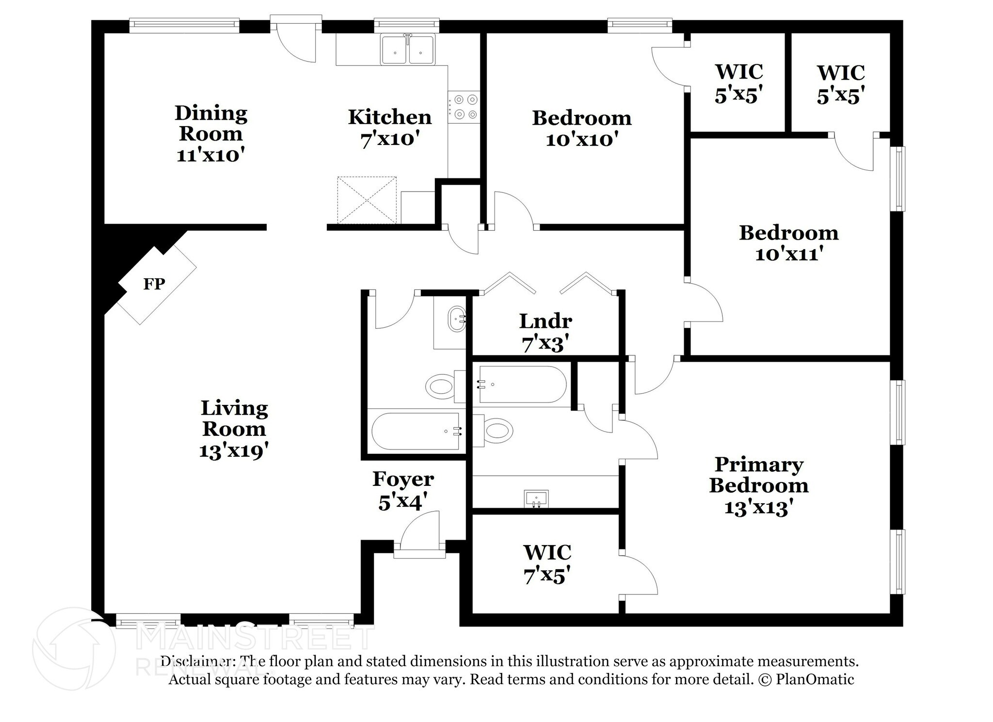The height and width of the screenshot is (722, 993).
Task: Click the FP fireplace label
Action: (x=154, y=284)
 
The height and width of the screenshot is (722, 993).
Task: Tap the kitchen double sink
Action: (x=408, y=49)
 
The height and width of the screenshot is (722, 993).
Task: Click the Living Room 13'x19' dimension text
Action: (x=234, y=451)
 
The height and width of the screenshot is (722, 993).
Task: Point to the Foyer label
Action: (x=403, y=479)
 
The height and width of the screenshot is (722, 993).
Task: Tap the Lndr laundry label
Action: (x=545, y=321)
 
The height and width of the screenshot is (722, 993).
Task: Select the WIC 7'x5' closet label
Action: (x=547, y=564)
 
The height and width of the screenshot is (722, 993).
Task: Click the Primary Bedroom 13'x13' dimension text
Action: (x=759, y=508)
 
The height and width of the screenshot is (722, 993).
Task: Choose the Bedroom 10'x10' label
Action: (x=582, y=128)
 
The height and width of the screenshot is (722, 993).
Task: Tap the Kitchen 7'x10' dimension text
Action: (x=389, y=139)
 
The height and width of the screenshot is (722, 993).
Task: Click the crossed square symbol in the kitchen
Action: (x=367, y=200)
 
